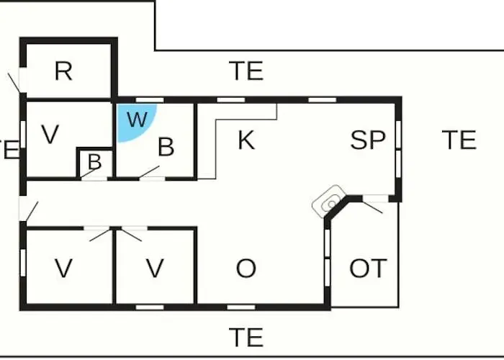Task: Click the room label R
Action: click(x=63, y=71)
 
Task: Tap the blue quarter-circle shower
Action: click(x=133, y=120)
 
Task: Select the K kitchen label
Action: click(x=246, y=140)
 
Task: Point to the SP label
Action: click(x=368, y=140)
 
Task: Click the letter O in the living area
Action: click(x=246, y=269)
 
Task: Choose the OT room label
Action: click(x=368, y=269)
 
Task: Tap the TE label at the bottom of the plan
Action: click(x=246, y=338)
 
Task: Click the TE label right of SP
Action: click(x=459, y=140)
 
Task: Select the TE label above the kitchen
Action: click(x=246, y=71)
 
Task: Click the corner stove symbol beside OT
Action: click(x=329, y=202)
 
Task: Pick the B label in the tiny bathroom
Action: click(x=95, y=162)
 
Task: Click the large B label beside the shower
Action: click(x=166, y=147)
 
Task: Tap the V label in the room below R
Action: click(x=50, y=135)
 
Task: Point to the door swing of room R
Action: click(x=14, y=82)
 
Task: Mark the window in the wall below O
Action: click(x=241, y=307)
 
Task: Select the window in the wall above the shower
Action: click(x=150, y=100)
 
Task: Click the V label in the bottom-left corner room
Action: click(x=63, y=269)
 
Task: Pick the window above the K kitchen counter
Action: click(x=231, y=100)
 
